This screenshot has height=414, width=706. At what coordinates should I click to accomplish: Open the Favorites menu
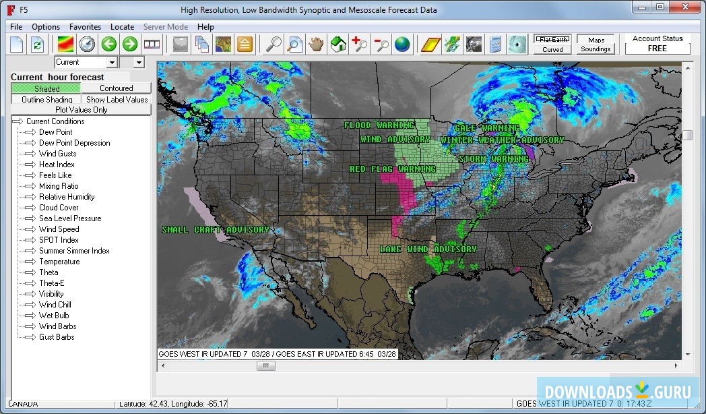coord(85,27)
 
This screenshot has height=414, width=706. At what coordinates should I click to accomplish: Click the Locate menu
coord(122,27)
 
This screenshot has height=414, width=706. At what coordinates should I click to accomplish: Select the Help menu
coord(205,27)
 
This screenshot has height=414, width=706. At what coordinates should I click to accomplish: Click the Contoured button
coord(117,88)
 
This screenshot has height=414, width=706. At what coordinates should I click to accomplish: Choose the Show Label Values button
coord(117,100)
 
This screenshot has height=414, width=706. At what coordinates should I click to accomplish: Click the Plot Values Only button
coord(81,110)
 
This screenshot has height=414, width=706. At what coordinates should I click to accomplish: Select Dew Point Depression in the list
coord(74,143)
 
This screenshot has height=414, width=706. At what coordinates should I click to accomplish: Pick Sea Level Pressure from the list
coord(70,218)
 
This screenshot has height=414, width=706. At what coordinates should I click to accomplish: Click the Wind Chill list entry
coord(55,305)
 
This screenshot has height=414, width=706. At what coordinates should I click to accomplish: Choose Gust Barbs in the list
coord(57,337)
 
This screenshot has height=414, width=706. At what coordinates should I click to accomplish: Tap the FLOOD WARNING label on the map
coord(379,125)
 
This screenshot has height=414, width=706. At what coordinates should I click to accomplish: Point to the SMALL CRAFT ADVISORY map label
coord(216,230)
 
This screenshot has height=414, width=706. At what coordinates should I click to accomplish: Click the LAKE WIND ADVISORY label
coord(428,249)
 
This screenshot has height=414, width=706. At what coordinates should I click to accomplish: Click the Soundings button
coord(596,49)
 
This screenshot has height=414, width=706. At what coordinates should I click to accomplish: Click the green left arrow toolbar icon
coord(109,45)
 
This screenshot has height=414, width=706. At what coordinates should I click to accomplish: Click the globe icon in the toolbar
coord(402,45)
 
